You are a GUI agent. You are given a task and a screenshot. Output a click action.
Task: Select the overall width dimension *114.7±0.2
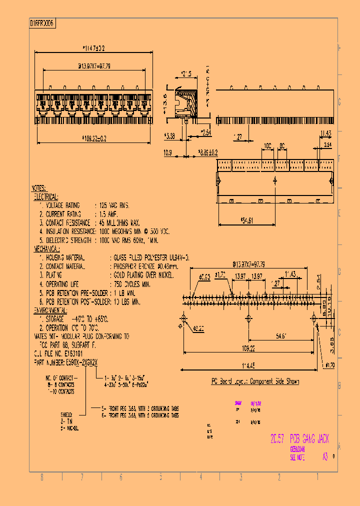93,48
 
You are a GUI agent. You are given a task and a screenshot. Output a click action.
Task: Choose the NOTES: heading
39,188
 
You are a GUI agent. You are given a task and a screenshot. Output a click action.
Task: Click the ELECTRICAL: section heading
46,197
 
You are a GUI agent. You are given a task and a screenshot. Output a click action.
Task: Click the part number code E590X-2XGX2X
84,361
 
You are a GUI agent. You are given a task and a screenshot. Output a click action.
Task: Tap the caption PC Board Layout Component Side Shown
254,381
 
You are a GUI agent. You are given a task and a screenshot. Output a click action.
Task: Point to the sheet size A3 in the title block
325,456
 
